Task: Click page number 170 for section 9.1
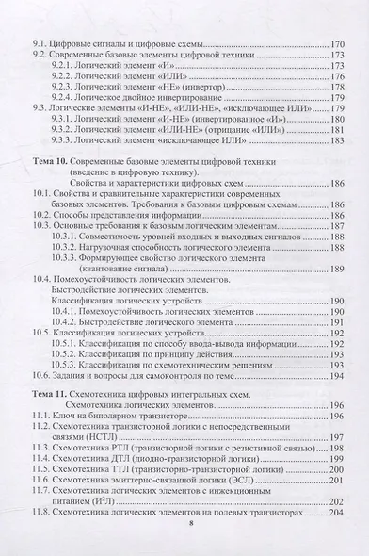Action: (x=339, y=44)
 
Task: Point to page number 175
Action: (x=339, y=72)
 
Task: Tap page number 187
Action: (x=339, y=227)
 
